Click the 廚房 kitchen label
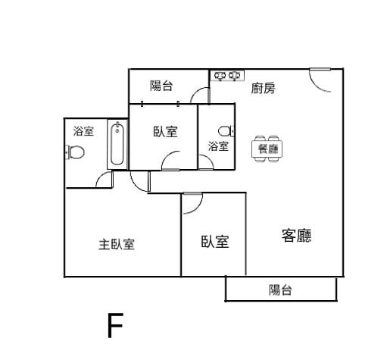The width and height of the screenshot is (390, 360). pyautogui.click(x=263, y=88)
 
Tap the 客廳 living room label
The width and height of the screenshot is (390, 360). pyautogui.click(x=296, y=236)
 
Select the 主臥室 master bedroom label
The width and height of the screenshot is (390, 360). pyautogui.click(x=117, y=245)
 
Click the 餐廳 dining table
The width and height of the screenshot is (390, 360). pyautogui.click(x=267, y=149)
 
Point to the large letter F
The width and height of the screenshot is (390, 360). pyautogui.click(x=115, y=325)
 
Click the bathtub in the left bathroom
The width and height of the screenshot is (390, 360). pyautogui.click(x=117, y=144)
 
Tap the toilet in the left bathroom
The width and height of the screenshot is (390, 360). pyautogui.click(x=75, y=152)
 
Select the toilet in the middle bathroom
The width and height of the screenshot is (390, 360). pyautogui.click(x=226, y=131)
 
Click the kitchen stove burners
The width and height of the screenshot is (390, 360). pyautogui.click(x=227, y=76)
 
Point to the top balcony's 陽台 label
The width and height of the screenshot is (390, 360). pyautogui.click(x=161, y=86)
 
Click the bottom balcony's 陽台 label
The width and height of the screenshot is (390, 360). pyautogui.click(x=280, y=290)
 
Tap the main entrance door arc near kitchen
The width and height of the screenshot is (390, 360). pyautogui.click(x=316, y=85)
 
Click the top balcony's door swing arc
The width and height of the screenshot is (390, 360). pyautogui.click(x=196, y=92)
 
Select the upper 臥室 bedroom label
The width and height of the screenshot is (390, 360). pyautogui.click(x=166, y=132)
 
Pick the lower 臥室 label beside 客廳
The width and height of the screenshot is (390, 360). pyautogui.click(x=215, y=242)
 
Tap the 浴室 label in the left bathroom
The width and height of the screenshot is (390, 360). pyautogui.click(x=83, y=131)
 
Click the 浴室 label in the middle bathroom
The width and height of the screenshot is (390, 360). pyautogui.click(x=218, y=146)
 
